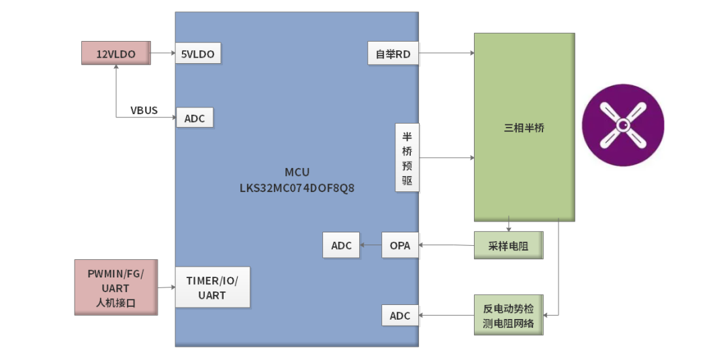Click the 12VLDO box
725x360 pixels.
(x=116, y=53)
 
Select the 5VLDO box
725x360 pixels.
(x=198, y=54)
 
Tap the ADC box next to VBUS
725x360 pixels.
(x=195, y=118)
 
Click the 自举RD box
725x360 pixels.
(x=393, y=54)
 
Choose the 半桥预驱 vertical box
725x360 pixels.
(x=407, y=157)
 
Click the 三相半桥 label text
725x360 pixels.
(x=524, y=128)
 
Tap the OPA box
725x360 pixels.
(x=400, y=245)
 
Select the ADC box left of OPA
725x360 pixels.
(x=341, y=245)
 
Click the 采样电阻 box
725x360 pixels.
(x=508, y=246)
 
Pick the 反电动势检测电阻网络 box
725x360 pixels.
(x=508, y=315)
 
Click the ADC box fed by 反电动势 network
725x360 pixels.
(x=400, y=315)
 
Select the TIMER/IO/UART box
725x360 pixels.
(x=212, y=287)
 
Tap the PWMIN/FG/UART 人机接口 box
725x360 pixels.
(x=116, y=287)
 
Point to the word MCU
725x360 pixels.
(x=297, y=173)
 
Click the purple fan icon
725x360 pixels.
(x=622, y=125)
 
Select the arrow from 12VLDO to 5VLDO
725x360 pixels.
(x=163, y=53)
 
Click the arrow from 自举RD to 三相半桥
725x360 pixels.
(x=446, y=53)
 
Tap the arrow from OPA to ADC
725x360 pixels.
(x=371, y=245)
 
